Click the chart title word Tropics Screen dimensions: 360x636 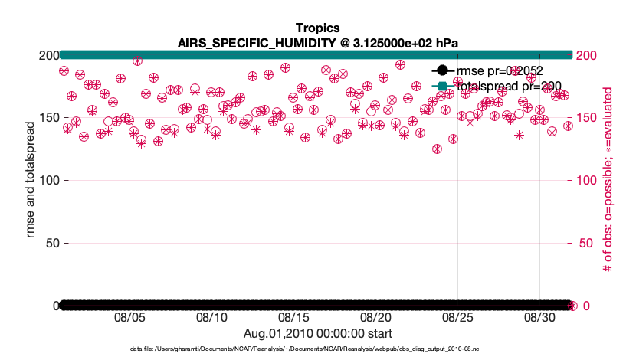click(x=316, y=28)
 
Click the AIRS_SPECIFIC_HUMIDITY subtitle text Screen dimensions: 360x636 click(x=316, y=42)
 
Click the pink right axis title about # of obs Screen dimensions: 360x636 click(x=609, y=181)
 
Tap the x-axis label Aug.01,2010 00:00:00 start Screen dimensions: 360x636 click(x=317, y=333)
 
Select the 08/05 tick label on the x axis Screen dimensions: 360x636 click(x=129, y=317)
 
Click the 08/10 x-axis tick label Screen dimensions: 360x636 click(x=211, y=317)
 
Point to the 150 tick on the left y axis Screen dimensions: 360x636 click(x=46, y=118)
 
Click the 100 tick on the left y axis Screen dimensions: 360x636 click(x=46, y=181)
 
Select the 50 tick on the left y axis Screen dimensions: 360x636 click(x=49, y=244)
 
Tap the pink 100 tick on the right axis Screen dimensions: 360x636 click(x=588, y=181)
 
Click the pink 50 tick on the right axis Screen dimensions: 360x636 click(x=585, y=244)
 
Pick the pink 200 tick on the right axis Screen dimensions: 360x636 click(x=588, y=55)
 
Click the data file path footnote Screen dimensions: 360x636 click(x=316, y=350)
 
